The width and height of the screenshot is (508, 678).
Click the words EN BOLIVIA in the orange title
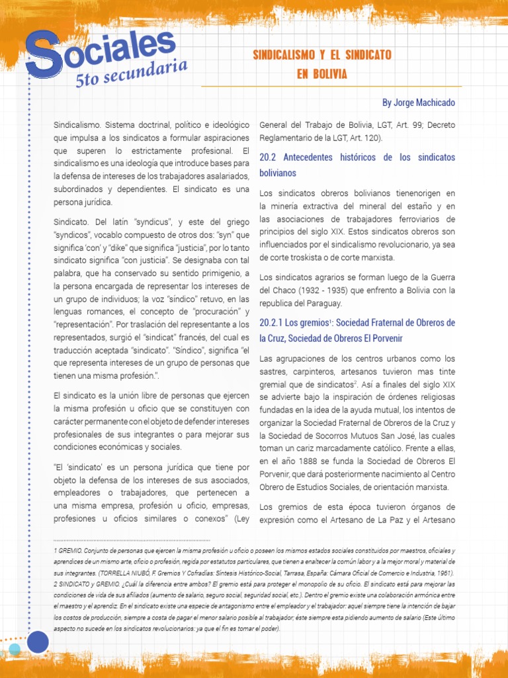tap(321, 74)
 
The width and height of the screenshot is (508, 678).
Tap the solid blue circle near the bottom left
tap(38, 642)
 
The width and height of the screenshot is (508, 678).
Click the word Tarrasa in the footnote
tap(285, 572)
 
